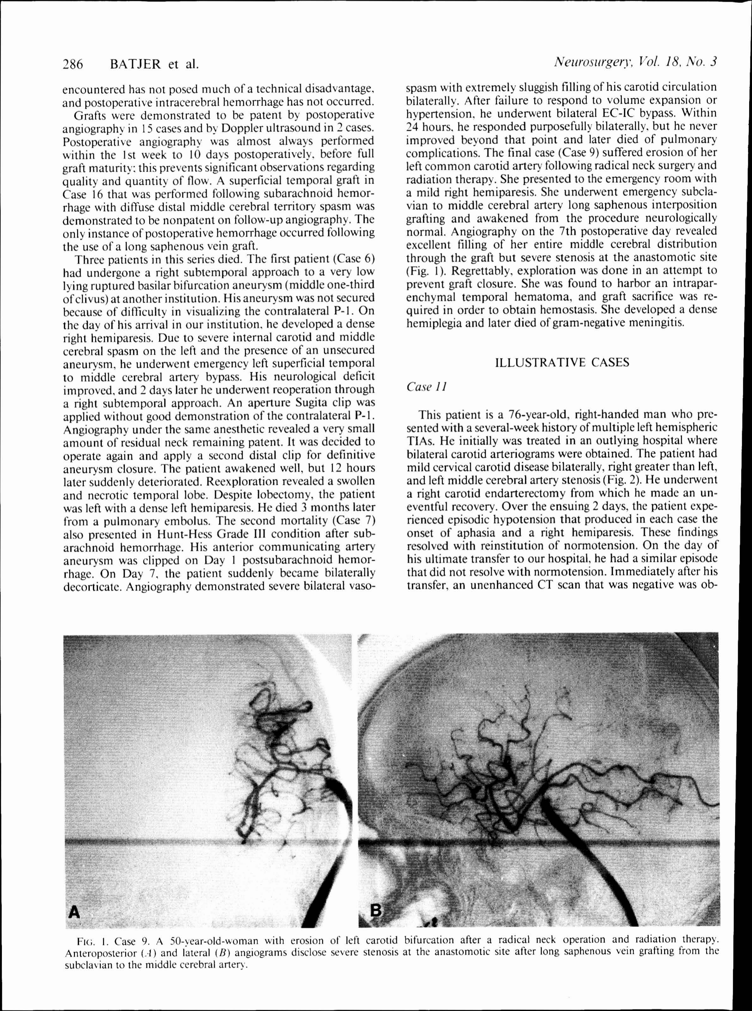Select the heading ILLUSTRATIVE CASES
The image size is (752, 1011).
[562, 362]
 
